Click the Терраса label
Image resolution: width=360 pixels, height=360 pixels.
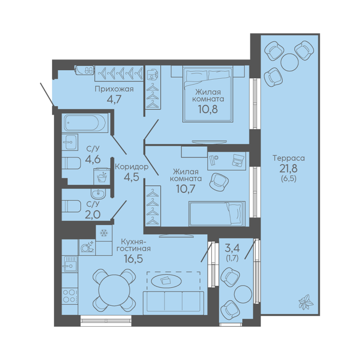(x=289, y=158)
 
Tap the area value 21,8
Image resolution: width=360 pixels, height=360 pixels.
(x=288, y=169)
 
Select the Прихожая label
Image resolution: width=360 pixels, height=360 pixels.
(x=114, y=89)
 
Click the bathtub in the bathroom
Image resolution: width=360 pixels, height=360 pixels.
(x=85, y=123)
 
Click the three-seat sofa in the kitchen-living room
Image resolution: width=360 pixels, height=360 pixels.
(x=173, y=303)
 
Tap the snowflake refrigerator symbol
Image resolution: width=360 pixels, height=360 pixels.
(x=104, y=233)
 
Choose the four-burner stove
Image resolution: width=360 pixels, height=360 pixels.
(x=70, y=296)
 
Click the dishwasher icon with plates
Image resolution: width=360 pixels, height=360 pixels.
(x=87, y=247)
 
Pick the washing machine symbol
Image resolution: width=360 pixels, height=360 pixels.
(x=102, y=176)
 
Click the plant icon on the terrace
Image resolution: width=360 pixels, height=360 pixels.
(x=306, y=302)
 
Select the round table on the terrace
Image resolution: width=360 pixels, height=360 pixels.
(x=290, y=62)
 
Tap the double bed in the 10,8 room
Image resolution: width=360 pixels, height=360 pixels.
(x=208, y=94)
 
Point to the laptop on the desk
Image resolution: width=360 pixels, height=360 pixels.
(x=239, y=160)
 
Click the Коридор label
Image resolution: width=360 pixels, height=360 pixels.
(x=132, y=166)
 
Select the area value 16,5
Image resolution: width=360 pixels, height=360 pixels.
(x=134, y=259)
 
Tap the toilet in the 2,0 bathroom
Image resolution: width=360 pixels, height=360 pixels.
(x=71, y=206)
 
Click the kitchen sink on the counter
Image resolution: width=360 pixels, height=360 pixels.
(x=70, y=264)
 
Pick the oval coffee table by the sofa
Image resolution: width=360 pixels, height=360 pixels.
(x=166, y=281)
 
